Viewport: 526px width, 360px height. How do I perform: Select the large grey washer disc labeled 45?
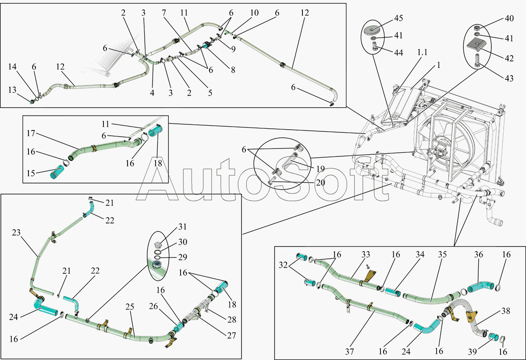pyautogui.click(x=372, y=30)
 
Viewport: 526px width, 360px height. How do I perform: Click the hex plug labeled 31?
pyautogui.click(x=159, y=245)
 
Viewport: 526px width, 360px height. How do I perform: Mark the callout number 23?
pyautogui.click(x=16, y=233)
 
